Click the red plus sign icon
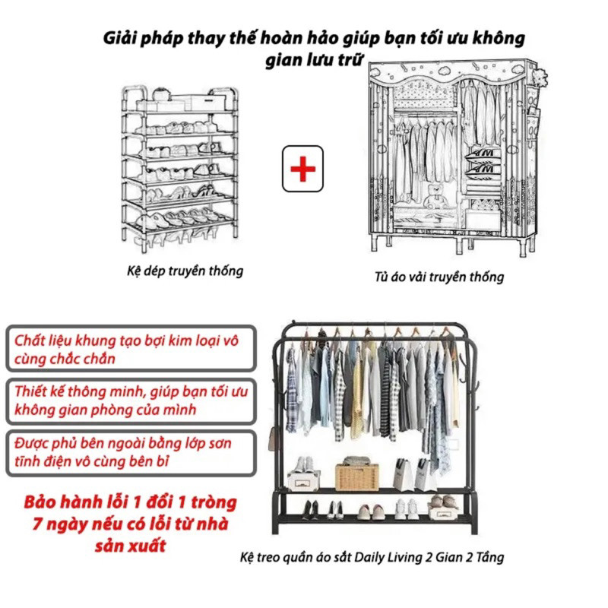pos(302,169)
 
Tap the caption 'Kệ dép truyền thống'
pos(185,271)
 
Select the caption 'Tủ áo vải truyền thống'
pos(439,277)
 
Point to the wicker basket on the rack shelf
pos(356,476)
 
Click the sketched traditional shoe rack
pos(180,169)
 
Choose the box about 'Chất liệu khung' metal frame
pos(131,348)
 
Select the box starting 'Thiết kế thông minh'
pos(131,401)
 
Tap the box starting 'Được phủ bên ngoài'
pos(131,452)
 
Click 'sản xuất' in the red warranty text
pos(131,546)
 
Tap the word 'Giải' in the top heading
pos(119,39)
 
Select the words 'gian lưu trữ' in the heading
pos(314,61)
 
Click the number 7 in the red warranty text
pos(37,524)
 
